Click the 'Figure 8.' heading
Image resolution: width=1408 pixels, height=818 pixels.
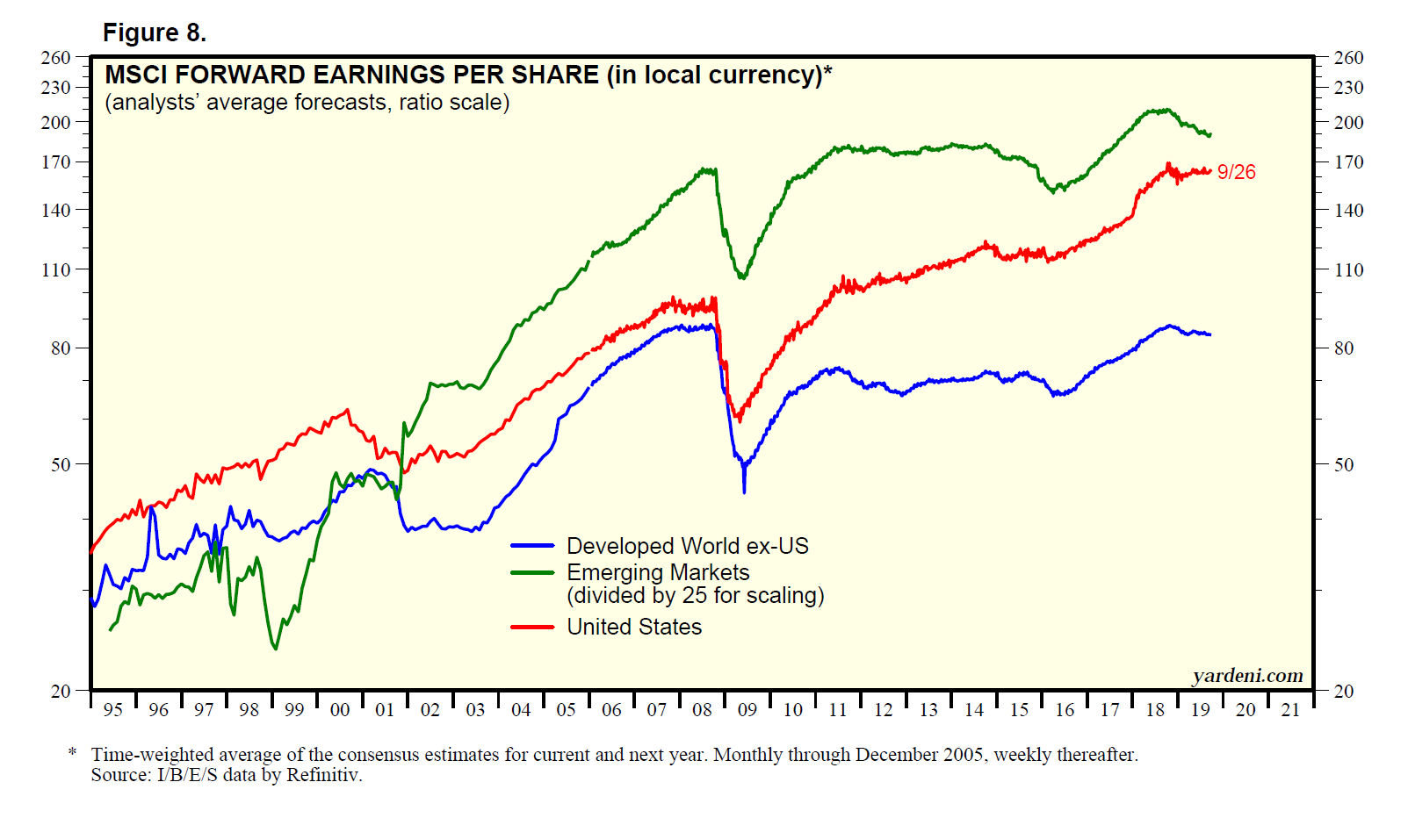point(155,33)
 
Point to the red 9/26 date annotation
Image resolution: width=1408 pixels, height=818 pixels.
point(1236,173)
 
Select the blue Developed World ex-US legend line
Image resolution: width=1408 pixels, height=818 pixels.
point(532,546)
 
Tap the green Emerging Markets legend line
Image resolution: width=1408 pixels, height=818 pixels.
point(532,572)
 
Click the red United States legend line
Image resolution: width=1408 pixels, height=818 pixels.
point(532,627)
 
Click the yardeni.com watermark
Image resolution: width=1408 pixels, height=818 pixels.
point(1247,676)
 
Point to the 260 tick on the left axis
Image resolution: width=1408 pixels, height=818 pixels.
point(55,58)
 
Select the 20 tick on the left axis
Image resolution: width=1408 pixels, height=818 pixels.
point(60,692)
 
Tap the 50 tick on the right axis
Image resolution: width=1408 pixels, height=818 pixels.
point(1344,465)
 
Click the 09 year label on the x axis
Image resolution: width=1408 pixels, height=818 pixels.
point(747,710)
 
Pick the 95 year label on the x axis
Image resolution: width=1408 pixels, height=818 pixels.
point(113,710)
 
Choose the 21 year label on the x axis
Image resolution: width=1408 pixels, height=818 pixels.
point(1290,710)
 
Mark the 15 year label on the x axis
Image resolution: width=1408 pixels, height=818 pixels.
point(1019,710)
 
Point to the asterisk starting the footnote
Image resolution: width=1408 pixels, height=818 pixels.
point(73,753)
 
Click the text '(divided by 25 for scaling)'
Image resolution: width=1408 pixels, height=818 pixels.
point(695,596)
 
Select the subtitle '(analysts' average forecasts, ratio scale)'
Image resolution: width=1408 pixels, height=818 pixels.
point(307,103)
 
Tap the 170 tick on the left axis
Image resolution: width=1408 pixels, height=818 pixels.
point(55,162)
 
